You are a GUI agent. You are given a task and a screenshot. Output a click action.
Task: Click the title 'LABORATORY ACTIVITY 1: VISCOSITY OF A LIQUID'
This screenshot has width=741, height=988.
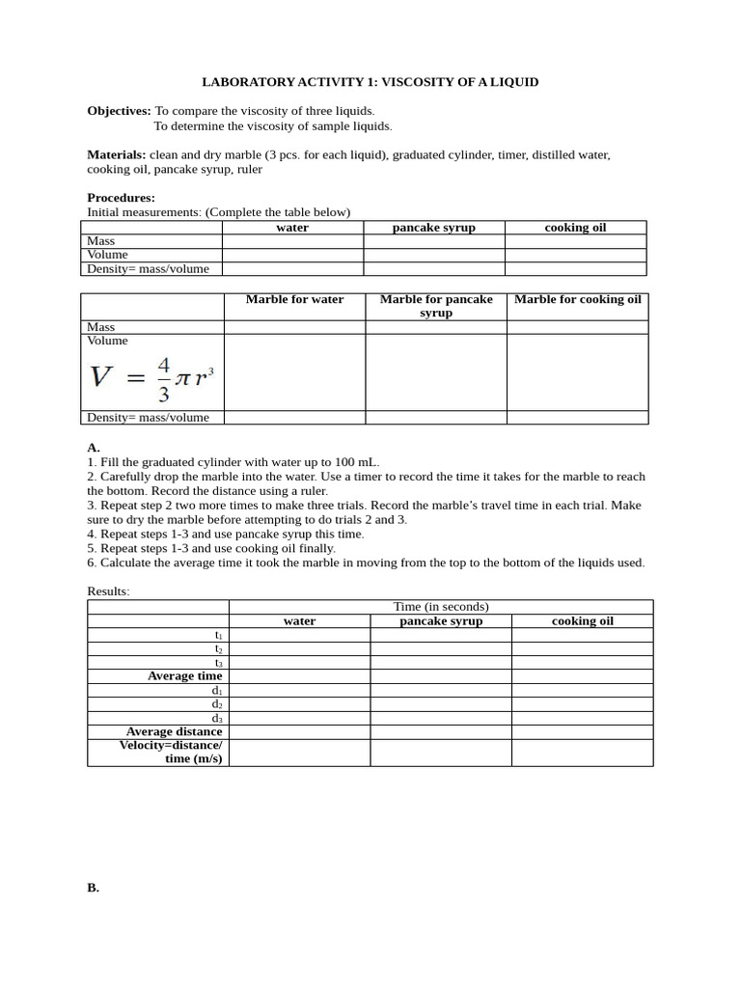(383, 82)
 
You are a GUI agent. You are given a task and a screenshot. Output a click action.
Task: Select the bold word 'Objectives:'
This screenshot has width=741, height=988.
(119, 111)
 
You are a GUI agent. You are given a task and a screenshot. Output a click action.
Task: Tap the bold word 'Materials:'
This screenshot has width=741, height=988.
(117, 154)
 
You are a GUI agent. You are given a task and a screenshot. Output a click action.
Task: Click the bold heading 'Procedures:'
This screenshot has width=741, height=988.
(121, 198)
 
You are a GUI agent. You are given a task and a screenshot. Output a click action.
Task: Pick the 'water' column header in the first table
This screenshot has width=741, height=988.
(292, 228)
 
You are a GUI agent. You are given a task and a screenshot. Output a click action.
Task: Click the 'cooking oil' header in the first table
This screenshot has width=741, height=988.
(575, 228)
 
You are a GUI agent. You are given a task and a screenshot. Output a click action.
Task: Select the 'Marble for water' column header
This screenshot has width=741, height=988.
(294, 299)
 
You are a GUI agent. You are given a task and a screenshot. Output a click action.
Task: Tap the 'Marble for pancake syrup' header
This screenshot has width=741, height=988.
(436, 306)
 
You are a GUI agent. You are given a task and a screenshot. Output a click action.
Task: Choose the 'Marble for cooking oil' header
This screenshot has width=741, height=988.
(577, 299)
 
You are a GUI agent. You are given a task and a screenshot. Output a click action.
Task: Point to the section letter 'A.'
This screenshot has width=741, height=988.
(94, 448)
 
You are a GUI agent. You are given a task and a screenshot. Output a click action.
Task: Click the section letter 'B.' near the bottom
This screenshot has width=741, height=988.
(94, 888)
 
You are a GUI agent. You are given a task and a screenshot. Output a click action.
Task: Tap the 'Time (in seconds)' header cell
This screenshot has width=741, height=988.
(441, 607)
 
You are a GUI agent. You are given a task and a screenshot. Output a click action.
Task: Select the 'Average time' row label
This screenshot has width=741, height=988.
(184, 676)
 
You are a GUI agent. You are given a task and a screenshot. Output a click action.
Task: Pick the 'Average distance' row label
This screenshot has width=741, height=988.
(174, 731)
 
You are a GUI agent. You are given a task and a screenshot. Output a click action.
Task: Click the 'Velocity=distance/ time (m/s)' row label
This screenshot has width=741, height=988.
(171, 753)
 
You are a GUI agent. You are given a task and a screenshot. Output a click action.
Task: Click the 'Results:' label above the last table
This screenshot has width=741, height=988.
(108, 590)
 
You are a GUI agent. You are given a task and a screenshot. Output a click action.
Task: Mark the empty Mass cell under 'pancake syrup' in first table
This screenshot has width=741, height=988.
(434, 241)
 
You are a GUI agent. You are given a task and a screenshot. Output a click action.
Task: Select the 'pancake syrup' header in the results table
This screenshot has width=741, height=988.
(441, 621)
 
